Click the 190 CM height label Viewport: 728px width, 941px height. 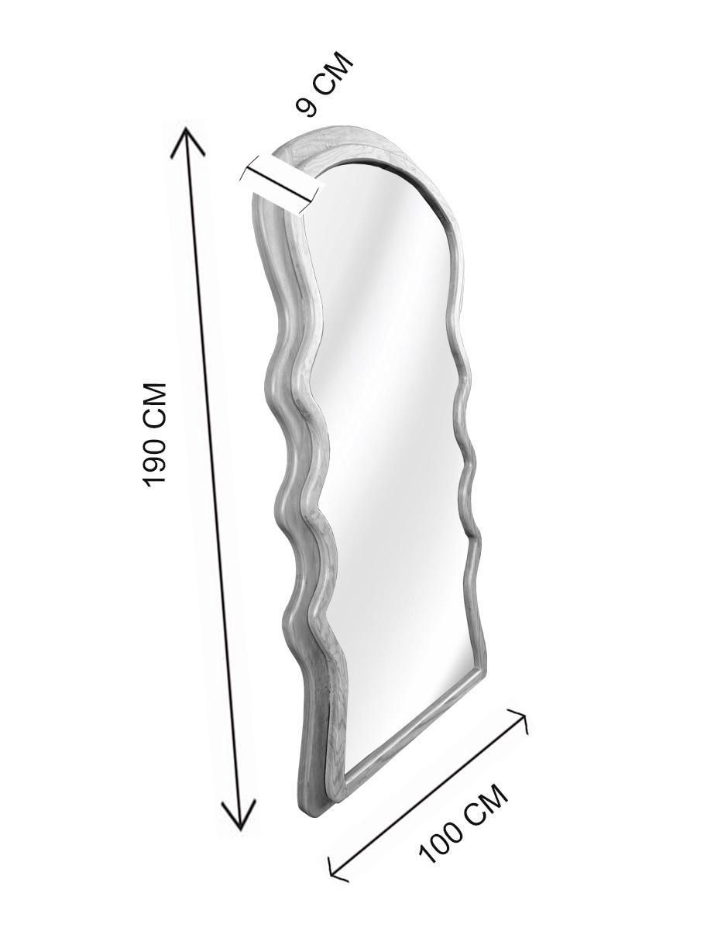click(x=156, y=434)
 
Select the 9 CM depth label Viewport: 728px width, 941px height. click(x=325, y=84)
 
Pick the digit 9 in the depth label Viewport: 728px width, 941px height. click(x=307, y=107)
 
